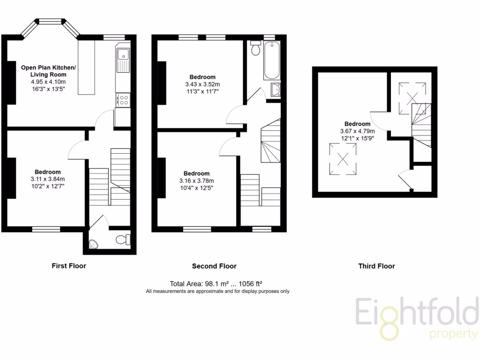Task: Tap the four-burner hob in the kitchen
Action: point(124,100)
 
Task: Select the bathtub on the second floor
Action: point(271,61)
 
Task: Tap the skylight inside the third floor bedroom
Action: point(343,158)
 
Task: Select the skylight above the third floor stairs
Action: point(412,97)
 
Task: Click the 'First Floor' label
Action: point(69,266)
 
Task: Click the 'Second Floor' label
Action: point(214,266)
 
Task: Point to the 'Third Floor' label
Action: point(376,266)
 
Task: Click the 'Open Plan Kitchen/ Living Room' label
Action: point(48,71)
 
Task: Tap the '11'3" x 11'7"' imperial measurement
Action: point(202,91)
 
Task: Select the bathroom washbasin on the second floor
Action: point(276,89)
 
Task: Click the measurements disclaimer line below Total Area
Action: point(217,291)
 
